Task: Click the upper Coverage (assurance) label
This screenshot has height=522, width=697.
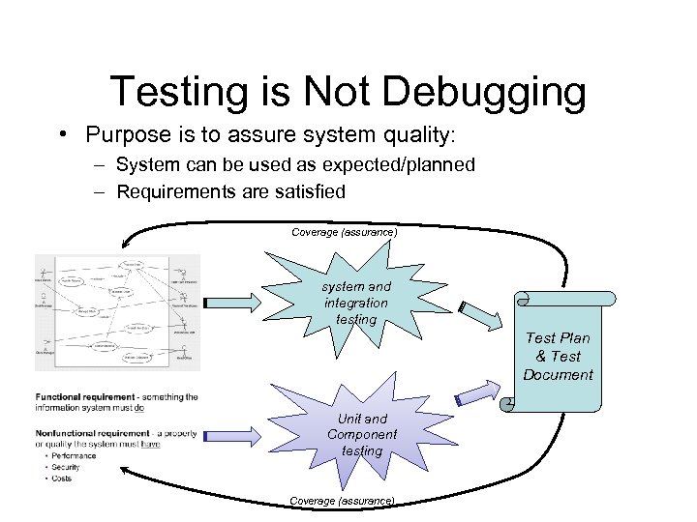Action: pyautogui.click(x=344, y=232)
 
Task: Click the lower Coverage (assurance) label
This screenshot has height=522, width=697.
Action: pyautogui.click(x=342, y=500)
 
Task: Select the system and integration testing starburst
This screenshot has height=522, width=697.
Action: pyautogui.click(x=355, y=302)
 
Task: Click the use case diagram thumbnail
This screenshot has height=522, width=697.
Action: pyautogui.click(x=117, y=312)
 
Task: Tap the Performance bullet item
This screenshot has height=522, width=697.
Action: pyautogui.click(x=73, y=454)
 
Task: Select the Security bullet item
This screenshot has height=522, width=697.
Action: pyautogui.click(x=67, y=467)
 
